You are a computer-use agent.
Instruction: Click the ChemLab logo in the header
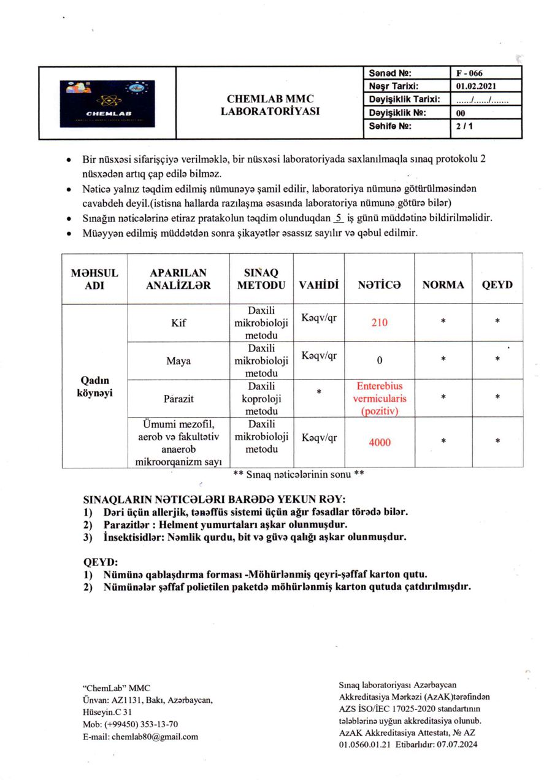108,103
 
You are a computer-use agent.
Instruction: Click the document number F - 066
469,74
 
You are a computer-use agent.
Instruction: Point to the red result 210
380,323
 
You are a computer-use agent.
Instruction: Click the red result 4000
380,442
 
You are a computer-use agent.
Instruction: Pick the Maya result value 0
380,361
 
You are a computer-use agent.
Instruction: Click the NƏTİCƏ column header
379,285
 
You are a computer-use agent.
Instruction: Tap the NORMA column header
443,285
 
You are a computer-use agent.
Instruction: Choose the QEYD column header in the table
497,285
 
